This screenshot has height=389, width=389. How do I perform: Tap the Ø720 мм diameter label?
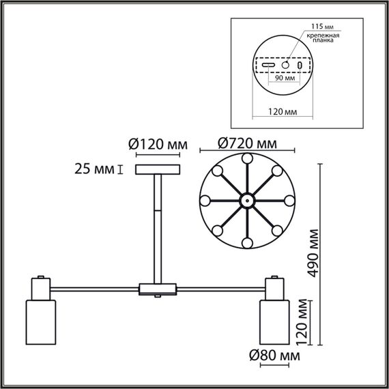[246, 144]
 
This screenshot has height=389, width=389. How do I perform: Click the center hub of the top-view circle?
[246, 201]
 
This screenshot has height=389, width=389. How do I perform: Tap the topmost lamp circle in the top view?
[246, 158]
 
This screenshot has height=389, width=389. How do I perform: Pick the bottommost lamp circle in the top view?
[246, 244]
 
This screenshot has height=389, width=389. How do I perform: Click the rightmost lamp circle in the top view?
[289, 201]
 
